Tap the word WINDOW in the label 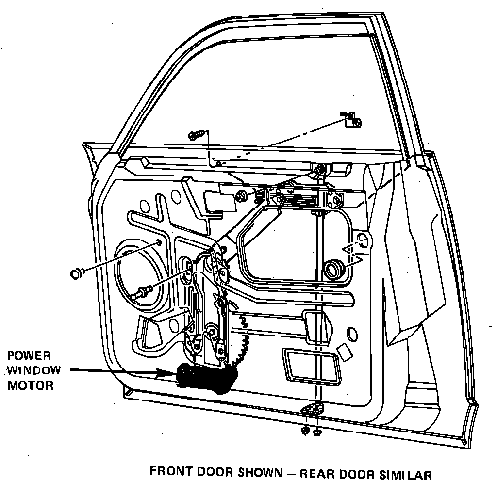pyautogui.click(x=34, y=370)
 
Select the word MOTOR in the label pyautogui.click(x=31, y=386)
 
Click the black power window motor pyautogui.click(x=206, y=377)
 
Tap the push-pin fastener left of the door pyautogui.click(x=77, y=274)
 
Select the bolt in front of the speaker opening pyautogui.click(x=142, y=292)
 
